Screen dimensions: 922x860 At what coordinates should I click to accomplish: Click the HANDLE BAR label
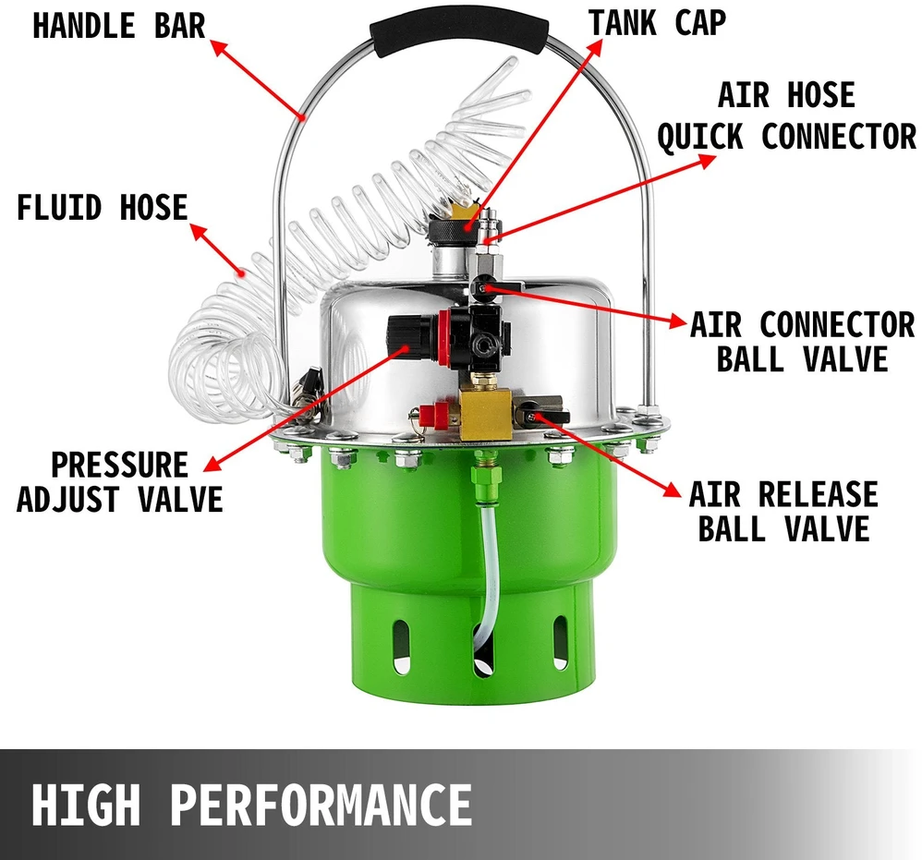point(119,26)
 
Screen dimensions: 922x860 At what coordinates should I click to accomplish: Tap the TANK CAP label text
point(658,23)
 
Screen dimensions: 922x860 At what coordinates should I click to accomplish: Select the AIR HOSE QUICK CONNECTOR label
point(787,115)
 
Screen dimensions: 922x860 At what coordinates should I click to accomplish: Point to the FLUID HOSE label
point(102,207)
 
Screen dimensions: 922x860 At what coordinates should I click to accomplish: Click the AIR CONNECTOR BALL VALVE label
point(803,342)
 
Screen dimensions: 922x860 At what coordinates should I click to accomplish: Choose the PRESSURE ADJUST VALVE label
point(119,482)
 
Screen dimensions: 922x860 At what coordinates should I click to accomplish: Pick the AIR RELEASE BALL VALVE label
point(783,511)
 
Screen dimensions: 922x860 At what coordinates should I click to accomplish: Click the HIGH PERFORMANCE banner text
point(251,805)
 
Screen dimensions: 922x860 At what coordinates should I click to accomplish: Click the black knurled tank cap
point(449,233)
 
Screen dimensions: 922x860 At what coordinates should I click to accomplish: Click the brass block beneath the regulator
point(483,416)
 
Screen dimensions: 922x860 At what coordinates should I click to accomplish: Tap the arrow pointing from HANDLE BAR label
point(258,79)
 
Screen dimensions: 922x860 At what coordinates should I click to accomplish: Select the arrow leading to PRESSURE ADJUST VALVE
point(307,409)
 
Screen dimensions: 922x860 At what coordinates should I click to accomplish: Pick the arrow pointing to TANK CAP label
point(535,134)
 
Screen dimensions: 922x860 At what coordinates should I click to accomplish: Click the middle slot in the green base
point(483,649)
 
